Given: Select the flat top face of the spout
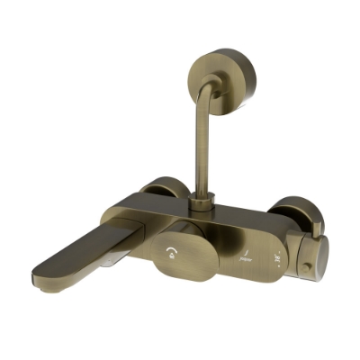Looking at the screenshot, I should tap(90, 243).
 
